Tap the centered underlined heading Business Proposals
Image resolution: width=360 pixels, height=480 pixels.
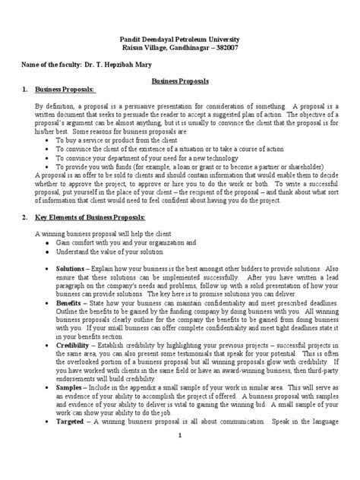[180, 80]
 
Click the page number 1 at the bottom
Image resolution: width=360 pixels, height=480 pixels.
[180, 456]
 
